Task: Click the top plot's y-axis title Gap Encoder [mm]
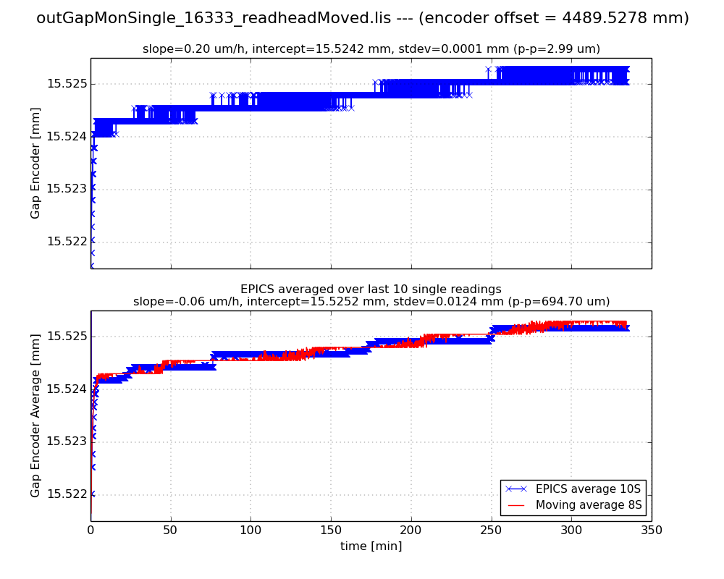point(35,163)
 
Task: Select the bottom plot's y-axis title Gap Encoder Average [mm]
point(35,415)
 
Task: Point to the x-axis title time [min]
point(371,546)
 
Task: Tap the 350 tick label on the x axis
point(651,531)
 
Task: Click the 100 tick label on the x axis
point(251,531)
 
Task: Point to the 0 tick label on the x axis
point(90,531)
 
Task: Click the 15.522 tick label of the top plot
point(66,242)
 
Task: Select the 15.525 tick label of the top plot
point(66,84)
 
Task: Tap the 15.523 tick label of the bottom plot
point(66,442)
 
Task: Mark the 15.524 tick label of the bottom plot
point(66,389)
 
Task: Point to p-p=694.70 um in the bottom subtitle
point(558,302)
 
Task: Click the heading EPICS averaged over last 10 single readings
point(371,289)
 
